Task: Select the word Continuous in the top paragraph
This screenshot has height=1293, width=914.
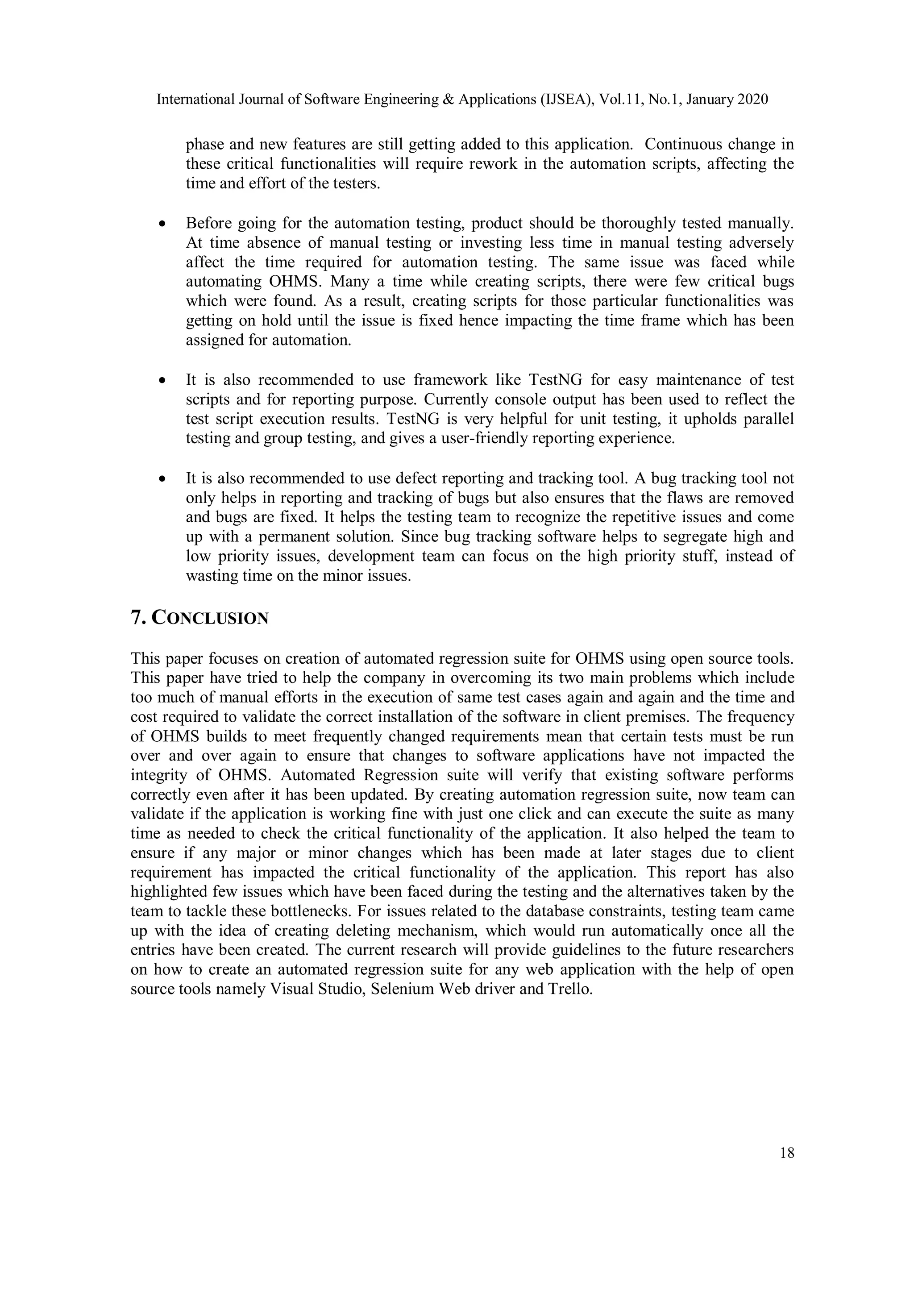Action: tap(679, 145)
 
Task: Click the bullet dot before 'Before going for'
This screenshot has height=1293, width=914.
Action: tap(162, 224)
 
